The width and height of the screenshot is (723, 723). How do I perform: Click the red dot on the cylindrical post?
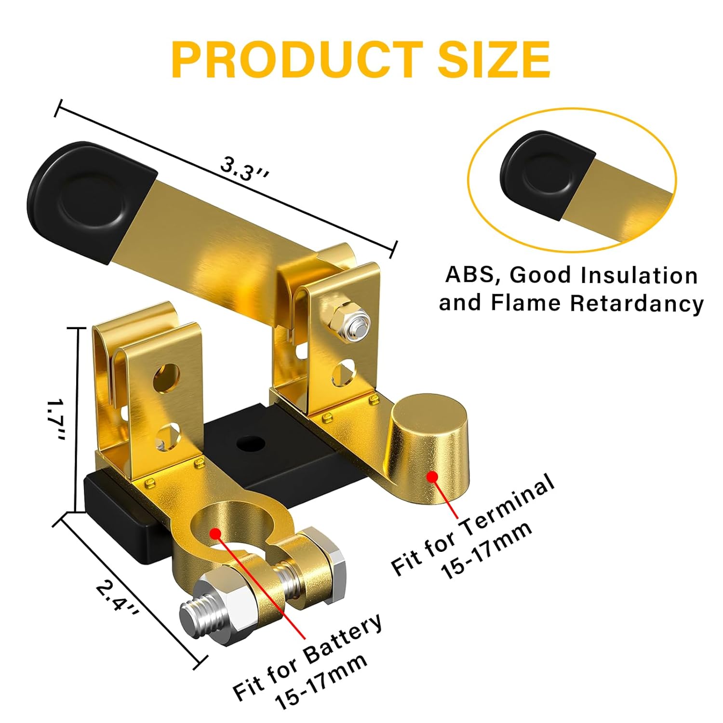[432, 477]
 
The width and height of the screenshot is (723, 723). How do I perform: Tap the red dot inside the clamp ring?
[215, 534]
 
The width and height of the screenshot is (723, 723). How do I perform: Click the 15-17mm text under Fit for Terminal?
[487, 549]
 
